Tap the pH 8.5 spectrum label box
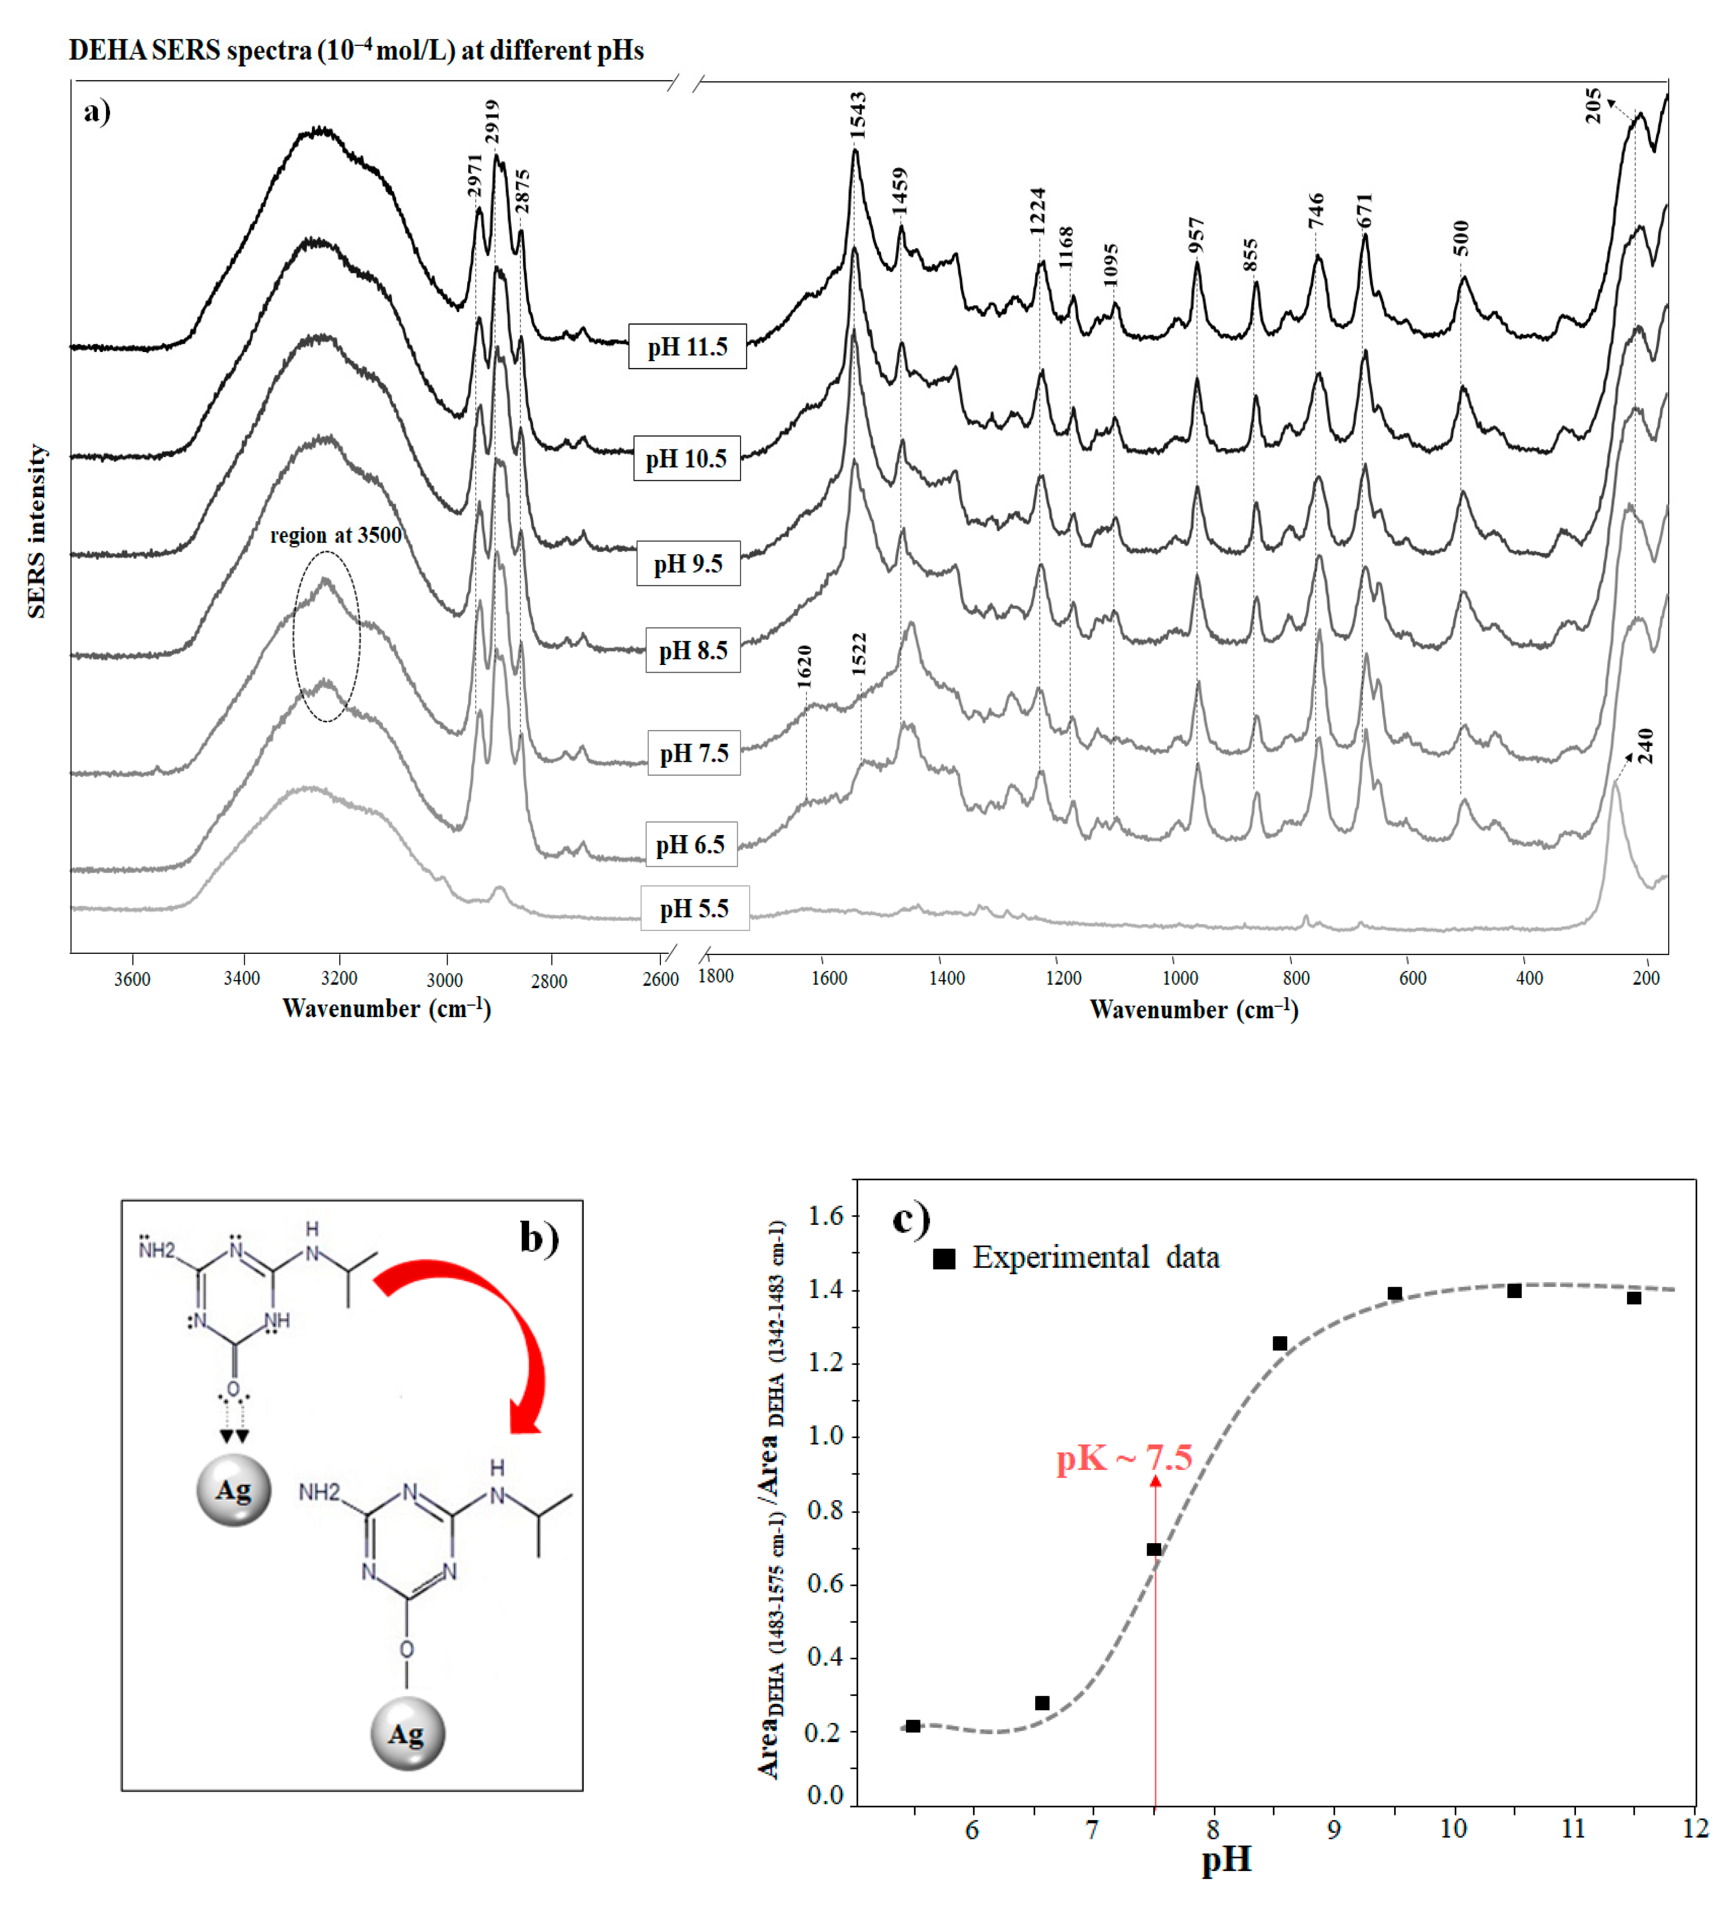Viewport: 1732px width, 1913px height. click(x=693, y=650)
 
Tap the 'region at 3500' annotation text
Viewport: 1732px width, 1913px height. click(x=336, y=535)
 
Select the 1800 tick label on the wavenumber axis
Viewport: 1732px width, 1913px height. click(x=715, y=976)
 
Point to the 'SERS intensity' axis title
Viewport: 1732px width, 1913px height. click(x=36, y=531)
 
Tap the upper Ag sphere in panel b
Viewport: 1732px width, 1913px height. click(x=233, y=1490)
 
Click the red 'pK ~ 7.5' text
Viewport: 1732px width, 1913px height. click(x=1124, y=1458)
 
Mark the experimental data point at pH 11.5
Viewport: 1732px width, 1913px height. click(x=1633, y=1297)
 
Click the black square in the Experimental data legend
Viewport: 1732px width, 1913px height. click(x=943, y=1258)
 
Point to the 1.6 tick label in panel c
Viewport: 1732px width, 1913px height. click(x=825, y=1216)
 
